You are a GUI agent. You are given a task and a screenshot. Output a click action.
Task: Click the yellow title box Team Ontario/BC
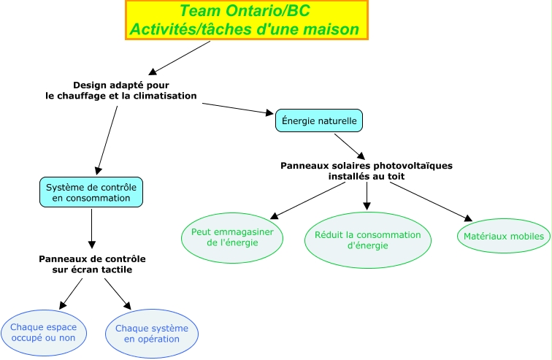click(x=247, y=20)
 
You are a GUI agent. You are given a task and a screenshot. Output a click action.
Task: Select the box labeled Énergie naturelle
click(x=319, y=120)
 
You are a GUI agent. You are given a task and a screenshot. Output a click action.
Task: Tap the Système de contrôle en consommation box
click(x=91, y=192)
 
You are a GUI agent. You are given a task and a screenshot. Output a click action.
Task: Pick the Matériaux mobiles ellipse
click(x=504, y=237)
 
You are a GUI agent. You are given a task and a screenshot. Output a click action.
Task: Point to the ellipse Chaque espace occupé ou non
click(x=44, y=332)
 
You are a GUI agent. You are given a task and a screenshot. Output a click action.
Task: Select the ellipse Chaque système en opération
click(x=152, y=334)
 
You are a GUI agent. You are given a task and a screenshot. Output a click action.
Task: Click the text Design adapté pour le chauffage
click(x=121, y=91)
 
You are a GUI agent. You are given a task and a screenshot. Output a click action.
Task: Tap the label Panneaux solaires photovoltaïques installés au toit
click(x=367, y=171)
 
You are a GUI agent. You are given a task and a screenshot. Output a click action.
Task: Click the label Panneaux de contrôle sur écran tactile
click(x=92, y=264)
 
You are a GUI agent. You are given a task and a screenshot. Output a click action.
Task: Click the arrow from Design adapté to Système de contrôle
click(x=107, y=139)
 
